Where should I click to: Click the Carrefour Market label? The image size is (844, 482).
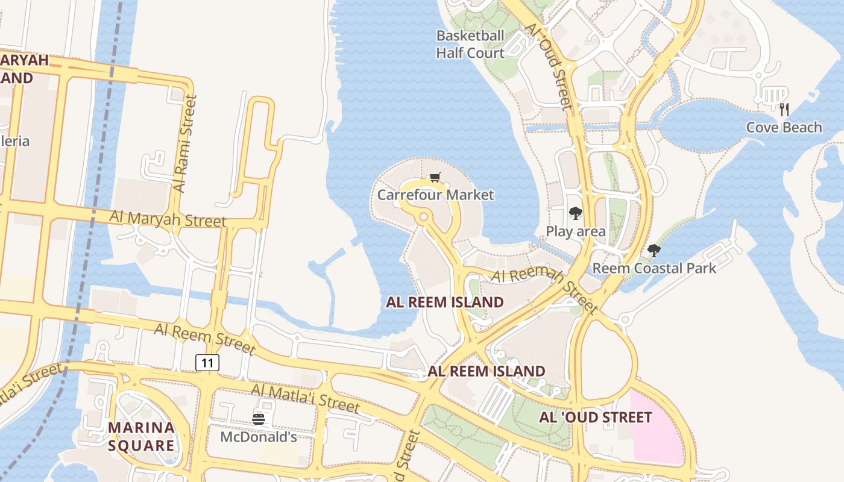coord(435,195)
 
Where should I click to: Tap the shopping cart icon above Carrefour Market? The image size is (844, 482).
coord(435,177)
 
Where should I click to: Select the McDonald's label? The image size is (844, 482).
coord(258,437)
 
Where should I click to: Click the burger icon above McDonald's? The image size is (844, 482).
coord(259,419)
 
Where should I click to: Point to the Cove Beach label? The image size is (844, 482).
coord(784,127)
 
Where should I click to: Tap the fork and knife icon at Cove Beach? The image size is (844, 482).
coord(784,109)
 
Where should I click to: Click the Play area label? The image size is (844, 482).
coord(576,231)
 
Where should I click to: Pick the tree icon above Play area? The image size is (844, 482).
coord(576,213)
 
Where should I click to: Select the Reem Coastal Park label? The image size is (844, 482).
coord(654,268)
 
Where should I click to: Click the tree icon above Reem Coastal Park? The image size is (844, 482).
coord(653,251)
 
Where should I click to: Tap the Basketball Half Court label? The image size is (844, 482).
coord(470,45)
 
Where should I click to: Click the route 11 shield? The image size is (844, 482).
coord(207,363)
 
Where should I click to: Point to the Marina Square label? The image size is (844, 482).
coord(141,437)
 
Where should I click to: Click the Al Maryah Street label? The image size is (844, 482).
coord(168,218)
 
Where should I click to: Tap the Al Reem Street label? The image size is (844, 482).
coord(205,338)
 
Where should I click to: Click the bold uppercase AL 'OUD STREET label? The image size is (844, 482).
coord(595,417)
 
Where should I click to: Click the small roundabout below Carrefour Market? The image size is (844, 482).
coord(424,216)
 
